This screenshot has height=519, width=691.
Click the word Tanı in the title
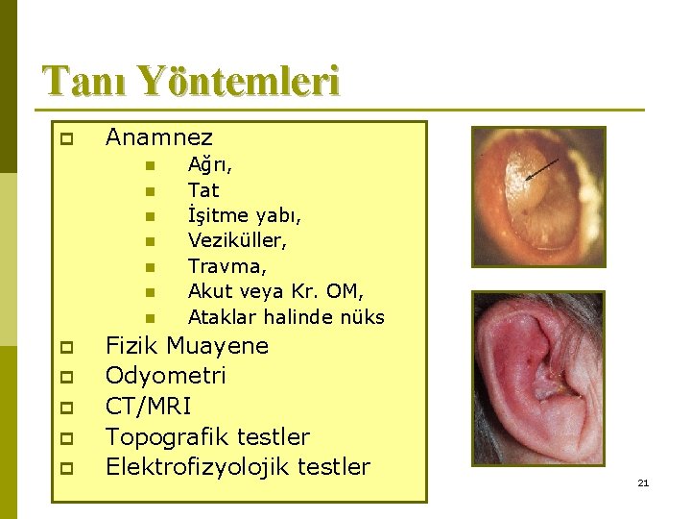coord(83,81)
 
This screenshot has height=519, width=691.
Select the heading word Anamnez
coord(159,138)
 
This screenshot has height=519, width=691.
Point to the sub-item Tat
coord(203,190)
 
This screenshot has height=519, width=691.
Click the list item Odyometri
coord(166,376)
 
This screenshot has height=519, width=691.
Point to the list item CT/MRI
coord(148,407)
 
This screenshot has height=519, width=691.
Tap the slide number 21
coord(643,482)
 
